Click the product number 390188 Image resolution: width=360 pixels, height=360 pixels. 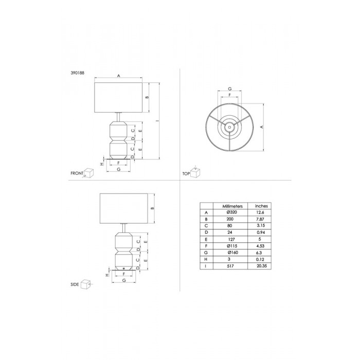77,73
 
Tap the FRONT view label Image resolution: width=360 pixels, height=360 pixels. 77,173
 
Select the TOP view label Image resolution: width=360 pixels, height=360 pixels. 186,174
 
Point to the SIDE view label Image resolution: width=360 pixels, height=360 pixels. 75,284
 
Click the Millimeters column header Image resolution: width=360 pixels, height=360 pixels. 232,206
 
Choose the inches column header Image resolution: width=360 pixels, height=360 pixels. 261,206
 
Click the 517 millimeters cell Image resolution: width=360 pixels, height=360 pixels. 230,266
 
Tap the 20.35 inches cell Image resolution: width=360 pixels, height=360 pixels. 262,266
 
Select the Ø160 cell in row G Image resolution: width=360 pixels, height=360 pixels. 233,253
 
